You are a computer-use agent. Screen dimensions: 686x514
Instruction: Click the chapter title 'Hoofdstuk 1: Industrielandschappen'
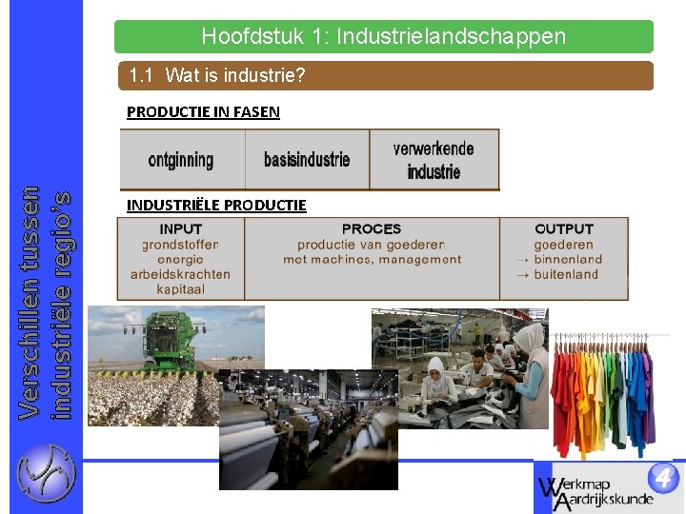click(x=383, y=37)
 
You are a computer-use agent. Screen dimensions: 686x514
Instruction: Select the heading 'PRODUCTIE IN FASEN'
click(x=203, y=112)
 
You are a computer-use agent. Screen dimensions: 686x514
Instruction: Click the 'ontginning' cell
click(x=181, y=160)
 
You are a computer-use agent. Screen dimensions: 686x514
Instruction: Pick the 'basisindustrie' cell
click(x=307, y=160)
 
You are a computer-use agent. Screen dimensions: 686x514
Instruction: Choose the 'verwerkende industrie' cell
click(x=434, y=160)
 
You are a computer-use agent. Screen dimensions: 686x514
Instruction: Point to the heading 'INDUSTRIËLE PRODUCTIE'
click(x=216, y=205)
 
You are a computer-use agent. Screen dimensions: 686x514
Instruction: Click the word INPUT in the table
click(x=181, y=229)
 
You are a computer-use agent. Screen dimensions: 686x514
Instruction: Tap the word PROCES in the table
click(x=372, y=229)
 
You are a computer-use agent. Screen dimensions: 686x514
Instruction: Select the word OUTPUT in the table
click(x=564, y=229)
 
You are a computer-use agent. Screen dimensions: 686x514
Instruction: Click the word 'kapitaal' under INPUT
click(x=181, y=289)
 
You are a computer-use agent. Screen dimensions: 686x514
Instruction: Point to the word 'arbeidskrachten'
click(x=181, y=274)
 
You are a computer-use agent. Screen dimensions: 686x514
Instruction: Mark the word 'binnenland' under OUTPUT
click(x=568, y=259)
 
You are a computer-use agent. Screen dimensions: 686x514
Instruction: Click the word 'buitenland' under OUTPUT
click(x=568, y=274)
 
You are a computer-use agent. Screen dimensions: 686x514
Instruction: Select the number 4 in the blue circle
click(x=663, y=477)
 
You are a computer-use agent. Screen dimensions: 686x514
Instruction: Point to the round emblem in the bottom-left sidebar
click(x=45, y=473)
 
